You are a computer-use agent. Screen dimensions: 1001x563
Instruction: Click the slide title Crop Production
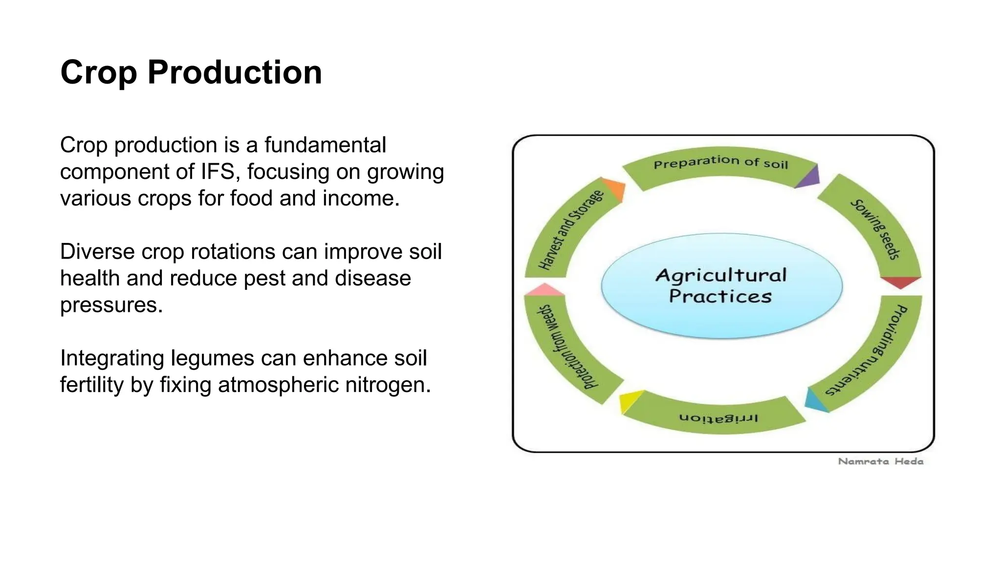(x=191, y=72)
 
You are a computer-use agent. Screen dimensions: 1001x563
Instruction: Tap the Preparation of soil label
(x=721, y=162)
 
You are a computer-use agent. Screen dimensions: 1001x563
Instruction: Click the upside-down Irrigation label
(x=718, y=418)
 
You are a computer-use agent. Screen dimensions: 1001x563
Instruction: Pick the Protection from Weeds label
(x=567, y=347)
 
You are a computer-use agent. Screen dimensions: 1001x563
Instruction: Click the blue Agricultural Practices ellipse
(x=721, y=286)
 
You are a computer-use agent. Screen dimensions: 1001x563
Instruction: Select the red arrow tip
(x=900, y=282)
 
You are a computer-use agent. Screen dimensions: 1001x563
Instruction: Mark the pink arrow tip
(x=544, y=290)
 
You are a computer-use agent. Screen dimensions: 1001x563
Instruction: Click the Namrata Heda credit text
(x=881, y=461)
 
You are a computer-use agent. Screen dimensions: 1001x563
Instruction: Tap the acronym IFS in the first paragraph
(x=218, y=172)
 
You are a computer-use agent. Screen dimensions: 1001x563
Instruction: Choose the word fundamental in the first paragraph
(x=325, y=145)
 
